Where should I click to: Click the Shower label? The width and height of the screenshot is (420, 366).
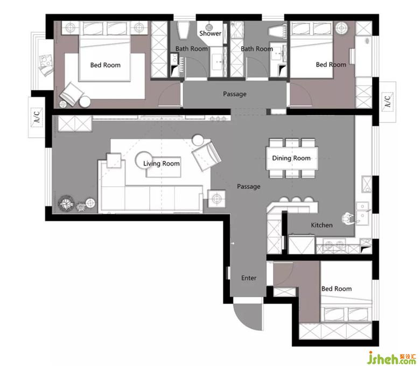coord(210,33)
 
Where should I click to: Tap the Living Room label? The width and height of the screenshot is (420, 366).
coord(161,164)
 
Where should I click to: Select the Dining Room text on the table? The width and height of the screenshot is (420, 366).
coord(291,158)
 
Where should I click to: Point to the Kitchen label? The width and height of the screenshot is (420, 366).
coord(321,225)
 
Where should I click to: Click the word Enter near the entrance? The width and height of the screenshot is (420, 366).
coord(249,278)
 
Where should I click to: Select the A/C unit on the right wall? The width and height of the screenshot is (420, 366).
coord(388,101)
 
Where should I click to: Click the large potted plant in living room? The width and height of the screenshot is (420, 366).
coord(66,204)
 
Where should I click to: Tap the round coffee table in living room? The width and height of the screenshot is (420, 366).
coord(144,160)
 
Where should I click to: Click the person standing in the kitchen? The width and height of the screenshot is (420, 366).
coord(348,217)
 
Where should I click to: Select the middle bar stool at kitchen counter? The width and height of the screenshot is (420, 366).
coord(296,200)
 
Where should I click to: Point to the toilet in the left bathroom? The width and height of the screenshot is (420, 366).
coord(184,30)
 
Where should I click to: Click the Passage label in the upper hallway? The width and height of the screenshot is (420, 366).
coord(235,94)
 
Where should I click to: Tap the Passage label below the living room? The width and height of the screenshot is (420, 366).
coord(249,186)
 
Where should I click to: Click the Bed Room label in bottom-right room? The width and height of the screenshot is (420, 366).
coord(337,288)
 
